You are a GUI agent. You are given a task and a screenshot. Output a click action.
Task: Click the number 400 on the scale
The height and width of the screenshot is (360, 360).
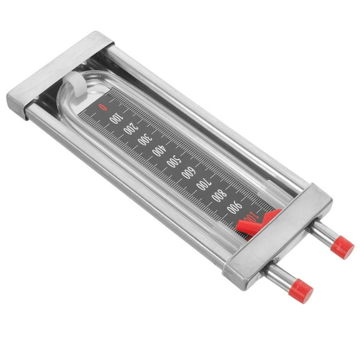point(160,151)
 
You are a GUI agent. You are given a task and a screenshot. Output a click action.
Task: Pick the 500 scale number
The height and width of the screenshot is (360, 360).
point(175,162)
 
